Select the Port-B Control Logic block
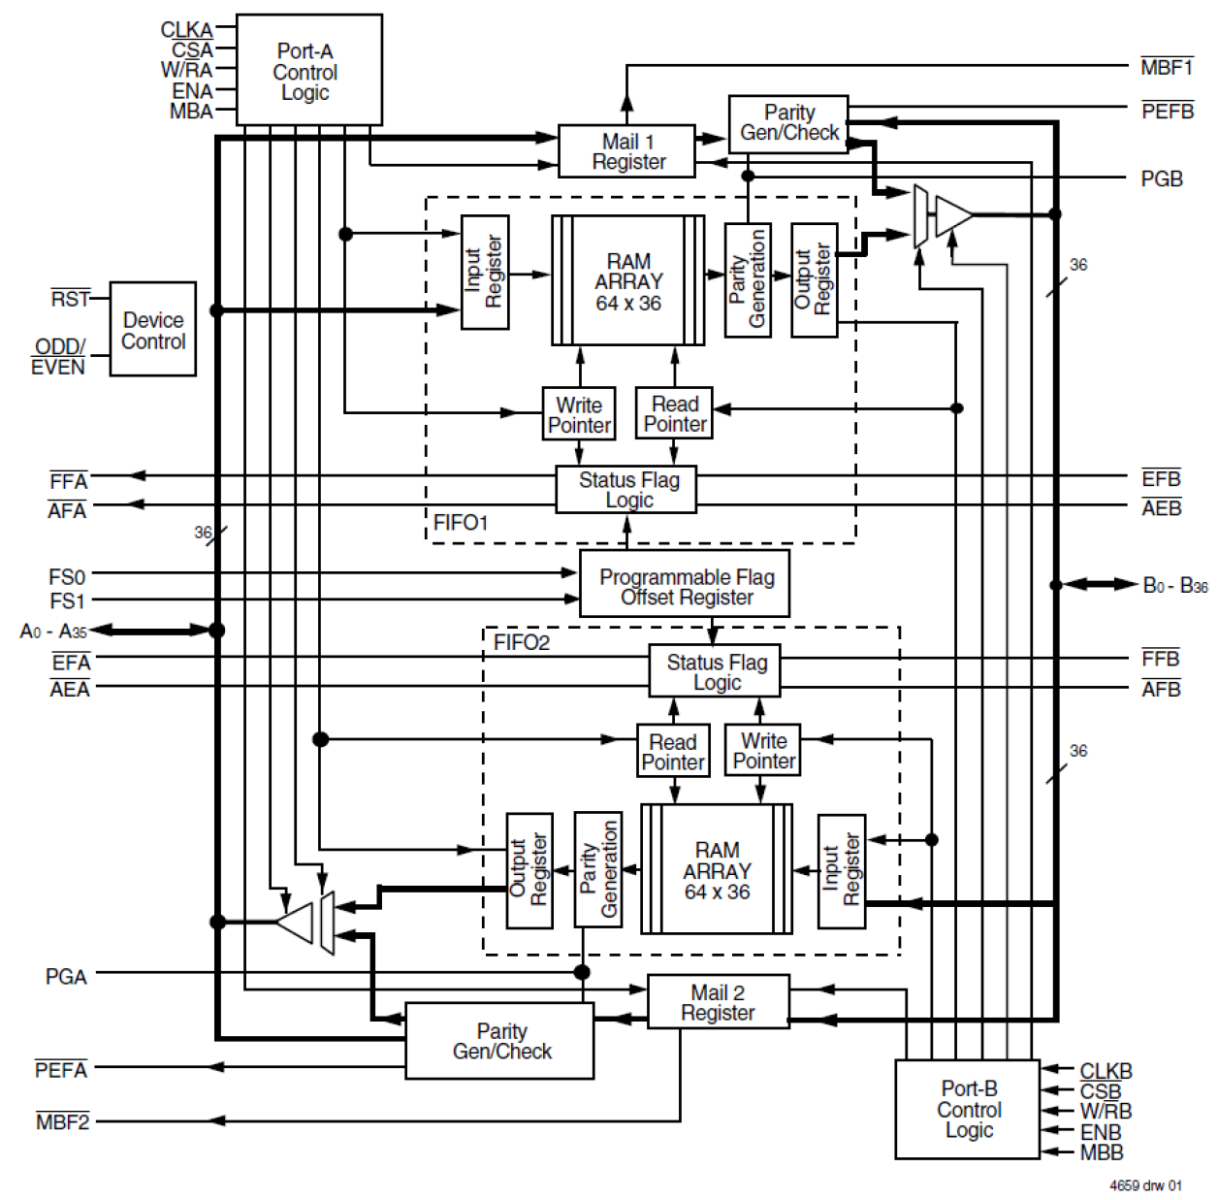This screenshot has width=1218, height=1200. [x=967, y=1109]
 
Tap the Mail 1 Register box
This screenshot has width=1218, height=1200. [x=626, y=151]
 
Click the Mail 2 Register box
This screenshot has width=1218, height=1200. [x=718, y=1002]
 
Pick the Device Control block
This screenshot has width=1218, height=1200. [x=153, y=330]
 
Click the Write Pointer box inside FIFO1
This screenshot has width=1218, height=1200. [x=579, y=414]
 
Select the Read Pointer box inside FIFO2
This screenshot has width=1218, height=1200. [x=673, y=751]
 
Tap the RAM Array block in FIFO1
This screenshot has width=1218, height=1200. [x=628, y=281]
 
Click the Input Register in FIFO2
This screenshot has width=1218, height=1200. [x=841, y=870]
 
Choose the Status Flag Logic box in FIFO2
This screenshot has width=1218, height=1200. [x=715, y=671]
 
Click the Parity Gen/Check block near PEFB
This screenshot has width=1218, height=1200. [x=788, y=122]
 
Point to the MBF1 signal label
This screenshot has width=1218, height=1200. [x=1167, y=67]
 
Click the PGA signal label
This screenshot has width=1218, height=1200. [x=66, y=976]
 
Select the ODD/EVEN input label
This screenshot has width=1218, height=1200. [x=58, y=356]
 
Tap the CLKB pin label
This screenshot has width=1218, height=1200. [x=1106, y=1070]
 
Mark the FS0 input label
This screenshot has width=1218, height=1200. [x=67, y=577]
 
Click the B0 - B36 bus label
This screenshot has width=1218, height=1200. [x=1174, y=585]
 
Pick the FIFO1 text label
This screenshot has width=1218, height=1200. [x=461, y=523]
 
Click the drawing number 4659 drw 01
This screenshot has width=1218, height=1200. [x=1145, y=1184]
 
